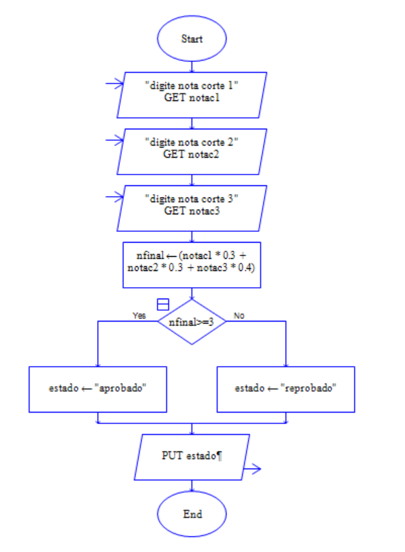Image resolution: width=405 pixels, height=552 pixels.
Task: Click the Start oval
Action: (192, 38)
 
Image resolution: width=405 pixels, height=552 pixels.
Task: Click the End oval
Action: (192, 514)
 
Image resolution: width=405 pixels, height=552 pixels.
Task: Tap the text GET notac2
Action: (192, 154)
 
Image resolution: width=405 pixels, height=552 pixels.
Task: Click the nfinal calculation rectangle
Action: (192, 262)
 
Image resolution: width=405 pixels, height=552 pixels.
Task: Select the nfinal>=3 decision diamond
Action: (192, 323)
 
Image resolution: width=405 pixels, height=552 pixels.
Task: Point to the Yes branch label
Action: (139, 315)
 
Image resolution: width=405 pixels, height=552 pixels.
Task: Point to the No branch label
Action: (239, 315)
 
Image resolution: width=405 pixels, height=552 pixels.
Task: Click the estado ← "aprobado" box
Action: (98, 389)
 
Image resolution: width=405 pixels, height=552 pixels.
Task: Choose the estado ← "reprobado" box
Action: (286, 389)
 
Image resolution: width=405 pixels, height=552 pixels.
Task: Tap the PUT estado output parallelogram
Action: (192, 456)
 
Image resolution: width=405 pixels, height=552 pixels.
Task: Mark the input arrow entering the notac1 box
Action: (114, 85)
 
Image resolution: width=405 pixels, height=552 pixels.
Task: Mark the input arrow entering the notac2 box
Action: (114, 142)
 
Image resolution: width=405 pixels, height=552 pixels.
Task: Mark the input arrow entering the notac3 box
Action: (114, 198)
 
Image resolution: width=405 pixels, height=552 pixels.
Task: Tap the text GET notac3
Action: (192, 211)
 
